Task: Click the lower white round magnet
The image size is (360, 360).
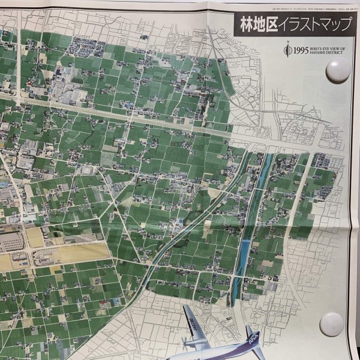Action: click(331, 323)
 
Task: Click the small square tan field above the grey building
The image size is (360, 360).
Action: click(35, 237)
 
